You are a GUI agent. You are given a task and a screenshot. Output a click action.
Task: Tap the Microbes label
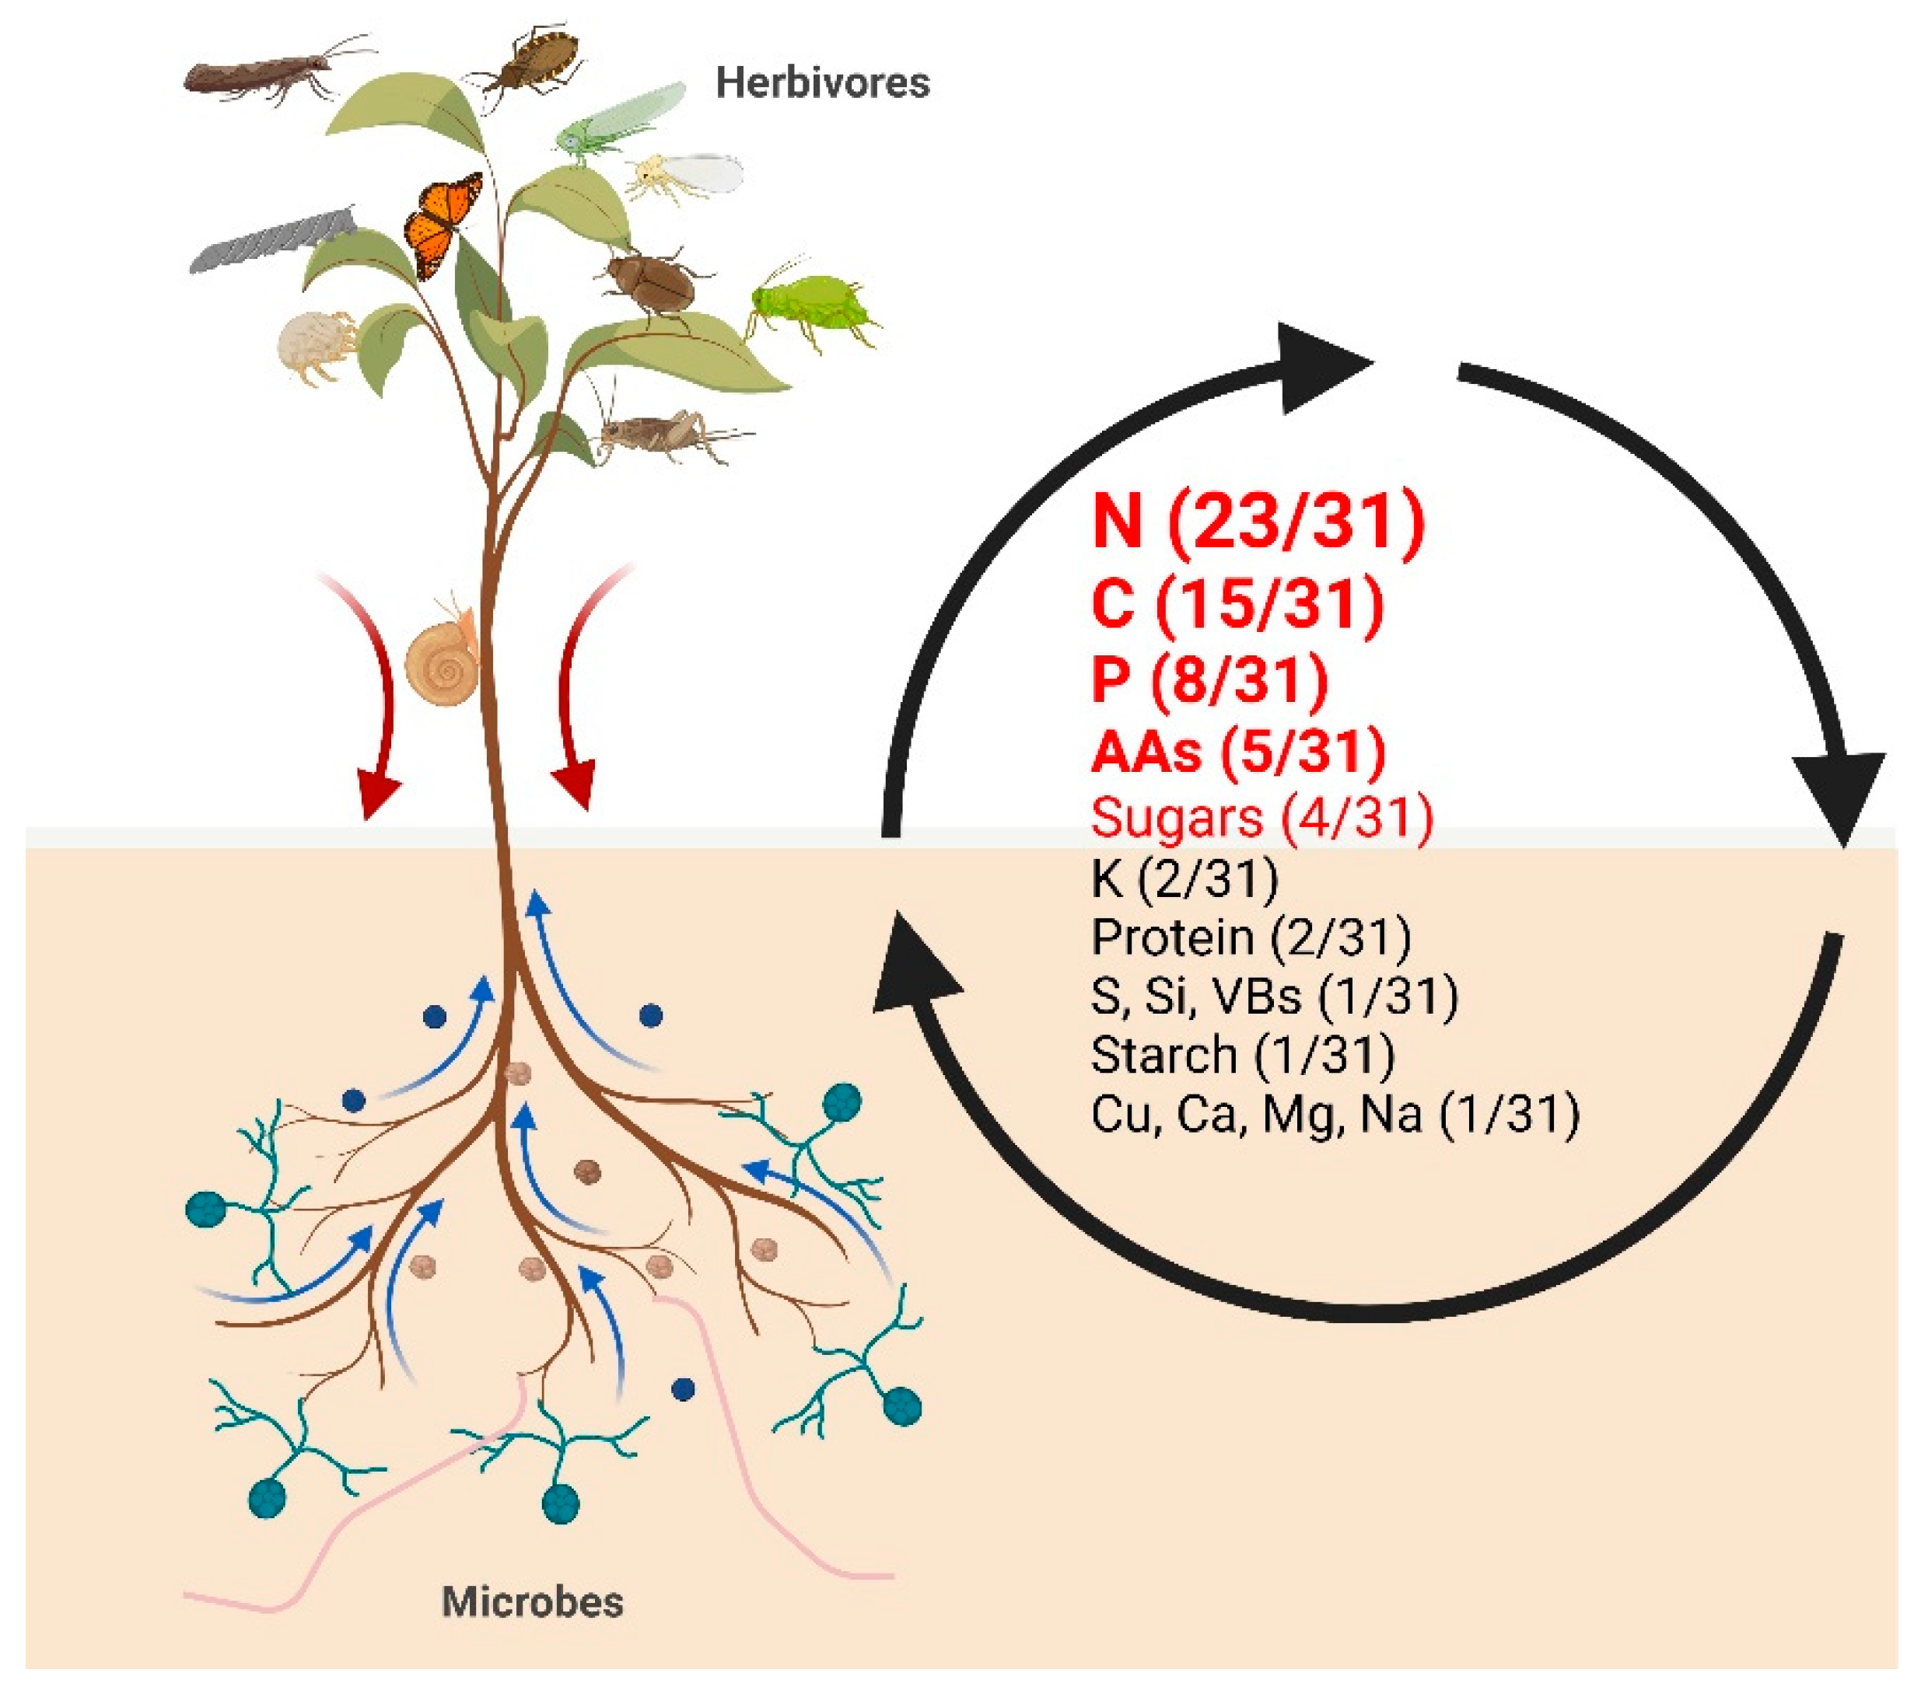pos(532,1601)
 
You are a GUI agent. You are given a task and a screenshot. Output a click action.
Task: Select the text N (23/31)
pos(1258,522)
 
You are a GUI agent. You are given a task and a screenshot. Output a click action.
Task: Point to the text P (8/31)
pos(1209,679)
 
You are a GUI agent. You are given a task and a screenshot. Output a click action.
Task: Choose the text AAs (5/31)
pos(1237,752)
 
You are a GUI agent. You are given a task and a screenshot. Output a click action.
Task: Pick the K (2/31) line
pos(1184,878)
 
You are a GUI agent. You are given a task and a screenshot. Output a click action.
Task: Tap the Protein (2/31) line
pos(1250,937)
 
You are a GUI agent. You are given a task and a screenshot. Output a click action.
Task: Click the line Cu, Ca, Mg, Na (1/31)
pos(1335,1114)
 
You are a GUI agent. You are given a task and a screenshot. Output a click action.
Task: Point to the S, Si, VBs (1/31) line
pos(1273,996)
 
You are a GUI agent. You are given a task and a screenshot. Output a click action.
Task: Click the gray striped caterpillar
pos(272,239)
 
